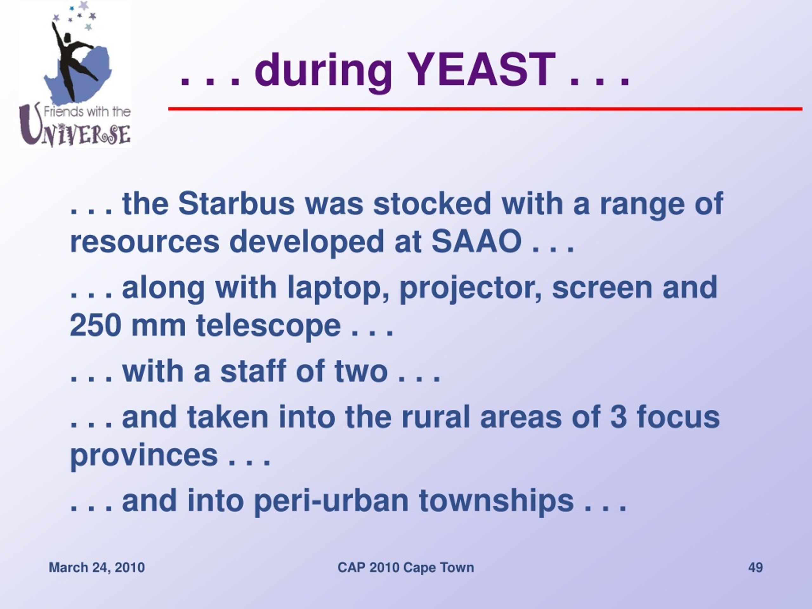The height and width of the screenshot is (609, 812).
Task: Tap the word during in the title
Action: pos(324,72)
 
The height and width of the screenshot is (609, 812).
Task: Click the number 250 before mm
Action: pos(95,325)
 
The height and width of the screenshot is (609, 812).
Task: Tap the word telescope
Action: pos(268,326)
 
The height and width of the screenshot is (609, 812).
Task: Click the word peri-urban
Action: pos(331,502)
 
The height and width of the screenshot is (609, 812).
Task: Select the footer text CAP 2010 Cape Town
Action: pos(406,567)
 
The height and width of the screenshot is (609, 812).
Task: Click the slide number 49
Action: pos(756,567)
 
